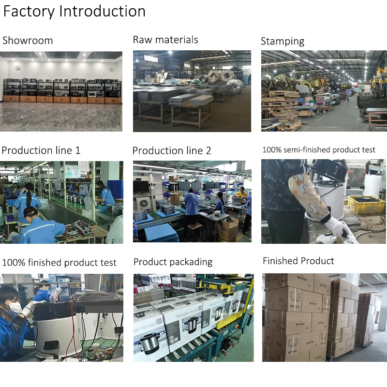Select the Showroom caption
28,40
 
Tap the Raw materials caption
165,40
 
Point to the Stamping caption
283,41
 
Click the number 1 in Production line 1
77,150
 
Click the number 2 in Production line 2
208,151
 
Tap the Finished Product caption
298,261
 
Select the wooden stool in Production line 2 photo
195,232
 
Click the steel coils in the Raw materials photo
218,77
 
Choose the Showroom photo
61,91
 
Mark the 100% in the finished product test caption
13,263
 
